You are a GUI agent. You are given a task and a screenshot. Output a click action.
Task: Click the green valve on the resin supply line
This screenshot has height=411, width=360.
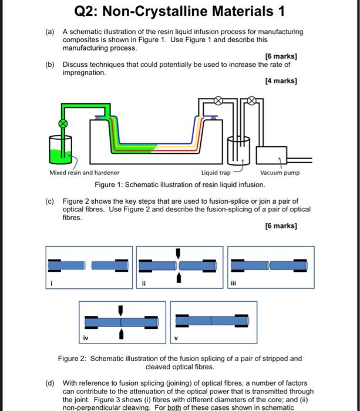point(60,123)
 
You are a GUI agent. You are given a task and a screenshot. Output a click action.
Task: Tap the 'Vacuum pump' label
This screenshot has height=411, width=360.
point(280,173)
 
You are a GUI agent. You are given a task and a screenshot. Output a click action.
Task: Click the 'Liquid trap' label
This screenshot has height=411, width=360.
point(216,173)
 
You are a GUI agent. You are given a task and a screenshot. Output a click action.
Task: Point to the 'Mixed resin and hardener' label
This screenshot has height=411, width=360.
point(84,173)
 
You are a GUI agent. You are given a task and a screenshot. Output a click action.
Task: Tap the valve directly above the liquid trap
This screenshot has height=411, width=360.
point(218,100)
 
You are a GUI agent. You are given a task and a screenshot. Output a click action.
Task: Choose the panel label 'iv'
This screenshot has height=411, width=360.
point(86,338)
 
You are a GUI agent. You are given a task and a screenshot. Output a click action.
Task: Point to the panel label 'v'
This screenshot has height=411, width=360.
point(176,338)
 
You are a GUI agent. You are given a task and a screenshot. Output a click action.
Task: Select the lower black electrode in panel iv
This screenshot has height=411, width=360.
point(120,334)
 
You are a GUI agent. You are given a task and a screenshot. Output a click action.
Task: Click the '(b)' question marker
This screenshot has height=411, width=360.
point(50,65)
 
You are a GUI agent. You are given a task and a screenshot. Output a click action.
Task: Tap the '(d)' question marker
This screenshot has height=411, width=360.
point(50,383)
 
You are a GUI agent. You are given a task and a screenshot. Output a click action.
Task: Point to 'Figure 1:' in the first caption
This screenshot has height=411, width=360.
point(111,185)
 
